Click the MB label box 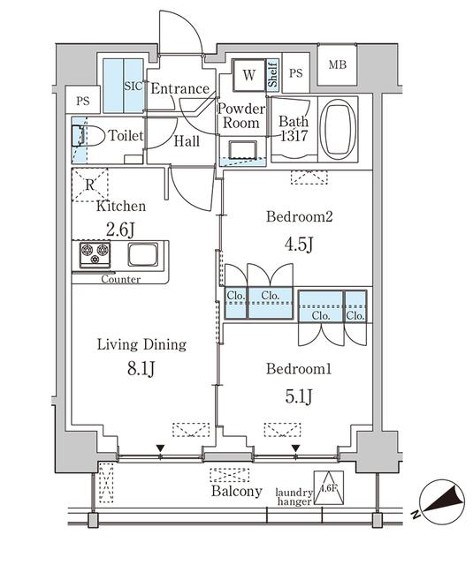point(338,65)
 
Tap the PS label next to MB point(296,74)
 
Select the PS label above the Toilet point(82,101)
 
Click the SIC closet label point(133,87)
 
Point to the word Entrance point(179,88)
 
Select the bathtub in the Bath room point(336,130)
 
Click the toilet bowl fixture point(82,136)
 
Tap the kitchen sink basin point(142,255)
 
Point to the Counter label point(120,278)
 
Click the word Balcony point(237,491)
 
